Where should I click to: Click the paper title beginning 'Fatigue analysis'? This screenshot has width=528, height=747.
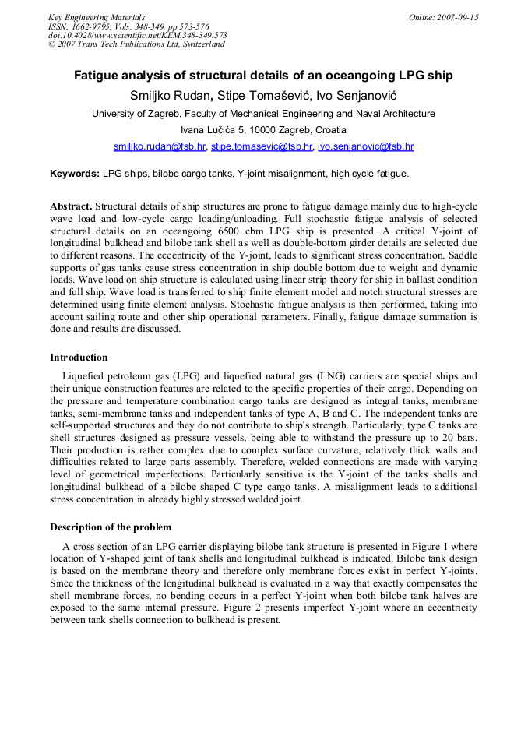[263, 76]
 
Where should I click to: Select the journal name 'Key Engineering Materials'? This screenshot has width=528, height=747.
[97, 17]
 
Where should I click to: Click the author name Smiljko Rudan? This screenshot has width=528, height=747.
[169, 96]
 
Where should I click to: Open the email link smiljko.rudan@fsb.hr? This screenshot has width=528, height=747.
[160, 146]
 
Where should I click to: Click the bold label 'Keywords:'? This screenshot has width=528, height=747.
[75, 174]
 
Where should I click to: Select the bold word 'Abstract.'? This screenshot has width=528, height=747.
[71, 207]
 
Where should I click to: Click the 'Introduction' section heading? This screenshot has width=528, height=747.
[79, 358]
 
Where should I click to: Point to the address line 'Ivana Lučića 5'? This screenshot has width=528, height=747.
[263, 130]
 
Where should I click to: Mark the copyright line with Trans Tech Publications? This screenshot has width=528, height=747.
[136, 44]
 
